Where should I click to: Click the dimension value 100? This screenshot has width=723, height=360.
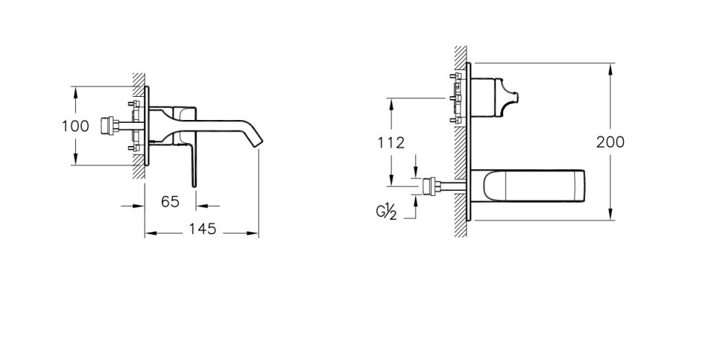(75, 126)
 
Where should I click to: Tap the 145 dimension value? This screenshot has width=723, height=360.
(202, 229)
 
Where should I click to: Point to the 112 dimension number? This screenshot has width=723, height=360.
(390, 142)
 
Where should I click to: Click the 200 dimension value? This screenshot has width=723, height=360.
(610, 142)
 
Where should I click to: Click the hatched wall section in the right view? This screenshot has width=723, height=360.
(460, 145)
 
